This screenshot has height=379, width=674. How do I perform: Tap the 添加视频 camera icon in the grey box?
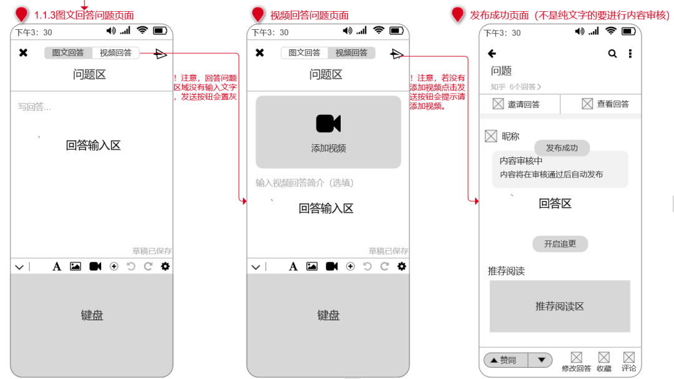(328, 124)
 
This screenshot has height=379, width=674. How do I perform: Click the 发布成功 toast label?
(562, 148)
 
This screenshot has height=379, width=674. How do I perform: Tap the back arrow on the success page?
(492, 53)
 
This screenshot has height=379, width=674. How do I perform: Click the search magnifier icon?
(613, 53)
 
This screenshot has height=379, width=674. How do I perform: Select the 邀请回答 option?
(516, 104)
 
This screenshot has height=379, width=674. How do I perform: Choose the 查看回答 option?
(605, 104)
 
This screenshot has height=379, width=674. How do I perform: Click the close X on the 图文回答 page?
(23, 52)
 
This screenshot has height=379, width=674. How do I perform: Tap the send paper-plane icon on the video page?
(396, 54)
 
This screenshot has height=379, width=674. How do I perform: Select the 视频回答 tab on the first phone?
(115, 53)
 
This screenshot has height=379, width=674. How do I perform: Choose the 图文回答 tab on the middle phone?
(305, 53)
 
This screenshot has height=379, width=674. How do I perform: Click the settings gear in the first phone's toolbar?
(165, 266)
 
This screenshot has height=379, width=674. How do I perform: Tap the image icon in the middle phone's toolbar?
(311, 266)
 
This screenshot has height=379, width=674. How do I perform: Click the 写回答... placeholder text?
(34, 107)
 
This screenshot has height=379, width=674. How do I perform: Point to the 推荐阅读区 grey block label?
(560, 307)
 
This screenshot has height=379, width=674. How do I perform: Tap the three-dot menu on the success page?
(630, 53)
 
